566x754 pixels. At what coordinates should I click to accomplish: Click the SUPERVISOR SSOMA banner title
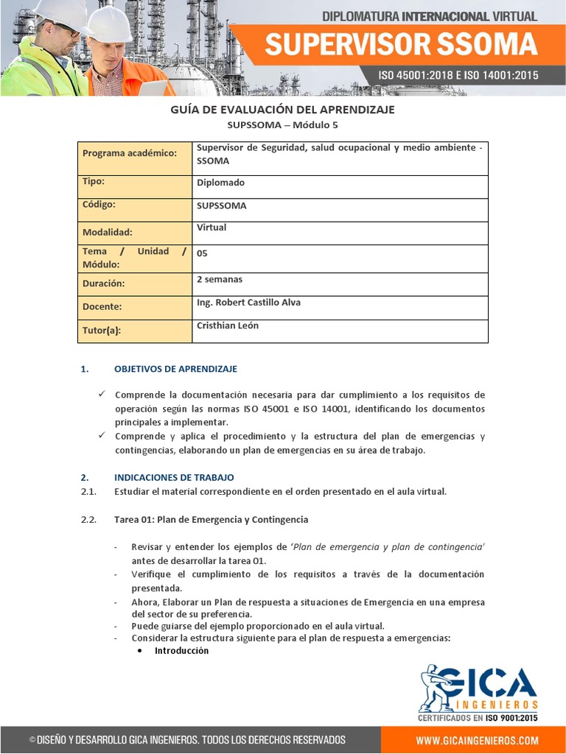401,45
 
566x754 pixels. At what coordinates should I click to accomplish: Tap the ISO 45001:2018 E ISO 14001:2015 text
458,75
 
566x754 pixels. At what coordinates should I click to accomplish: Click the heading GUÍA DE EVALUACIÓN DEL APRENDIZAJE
283,110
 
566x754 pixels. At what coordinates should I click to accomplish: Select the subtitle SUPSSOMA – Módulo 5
283,125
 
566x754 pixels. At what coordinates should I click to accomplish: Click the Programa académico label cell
130,153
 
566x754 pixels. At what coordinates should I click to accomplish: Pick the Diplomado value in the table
220,183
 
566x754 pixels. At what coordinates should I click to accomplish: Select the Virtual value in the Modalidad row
212,228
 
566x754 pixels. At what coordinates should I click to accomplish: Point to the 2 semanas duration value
220,279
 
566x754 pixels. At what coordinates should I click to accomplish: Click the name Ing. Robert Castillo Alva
248,303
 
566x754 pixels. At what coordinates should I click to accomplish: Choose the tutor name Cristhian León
228,325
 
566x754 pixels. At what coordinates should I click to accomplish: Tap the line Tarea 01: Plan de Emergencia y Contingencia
211,520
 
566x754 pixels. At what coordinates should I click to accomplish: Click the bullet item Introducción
181,651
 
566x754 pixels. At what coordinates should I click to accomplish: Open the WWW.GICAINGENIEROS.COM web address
477,740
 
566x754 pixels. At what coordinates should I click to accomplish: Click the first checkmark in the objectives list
103,395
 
